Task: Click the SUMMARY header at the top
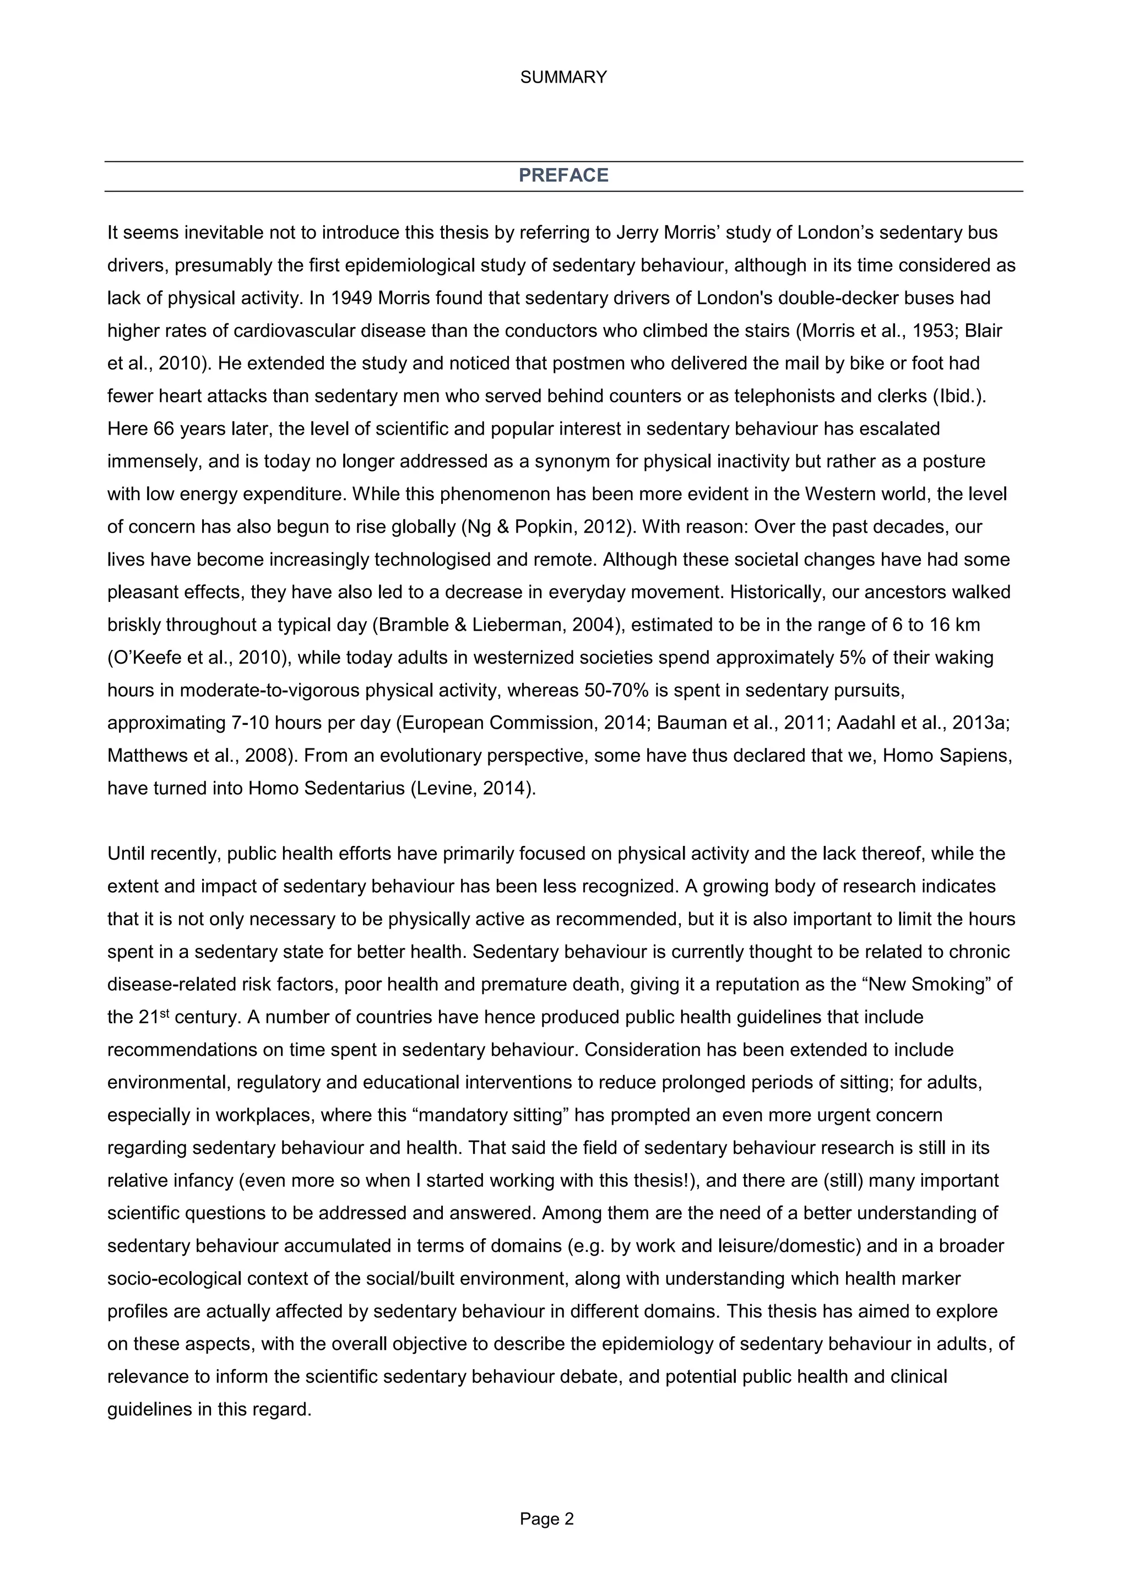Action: [563, 77]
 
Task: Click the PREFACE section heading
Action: [563, 175]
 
